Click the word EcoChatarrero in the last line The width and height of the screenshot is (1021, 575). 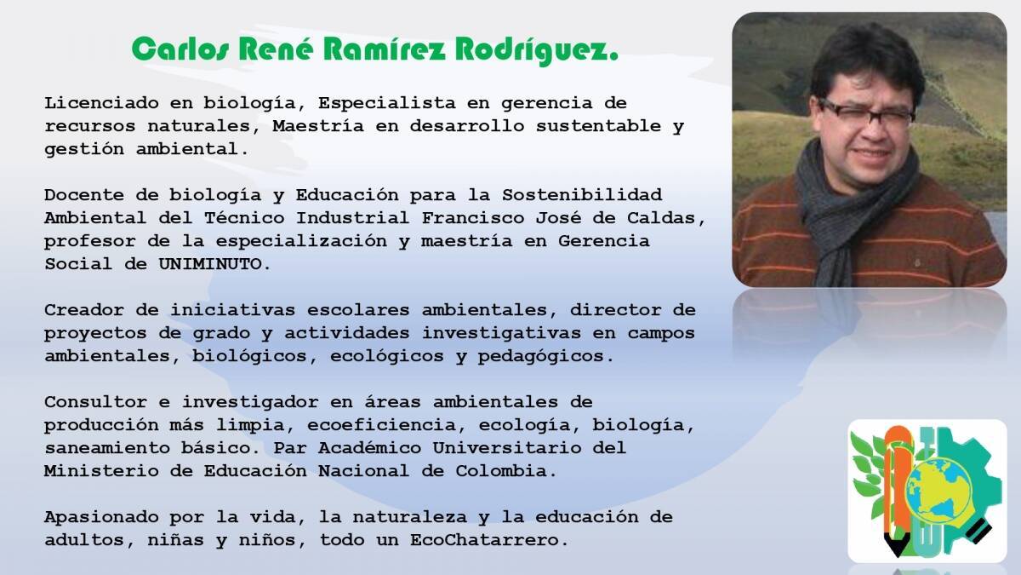click(489, 540)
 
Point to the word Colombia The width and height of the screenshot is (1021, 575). click(506, 470)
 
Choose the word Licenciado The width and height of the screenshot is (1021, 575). click(101, 103)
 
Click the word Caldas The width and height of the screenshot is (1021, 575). click(666, 218)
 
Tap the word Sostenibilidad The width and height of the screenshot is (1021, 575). click(582, 195)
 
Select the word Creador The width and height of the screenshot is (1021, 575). click(84, 310)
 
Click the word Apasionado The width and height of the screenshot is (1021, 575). click(101, 517)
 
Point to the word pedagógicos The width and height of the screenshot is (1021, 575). click(546, 357)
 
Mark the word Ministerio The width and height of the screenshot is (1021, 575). click(101, 470)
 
